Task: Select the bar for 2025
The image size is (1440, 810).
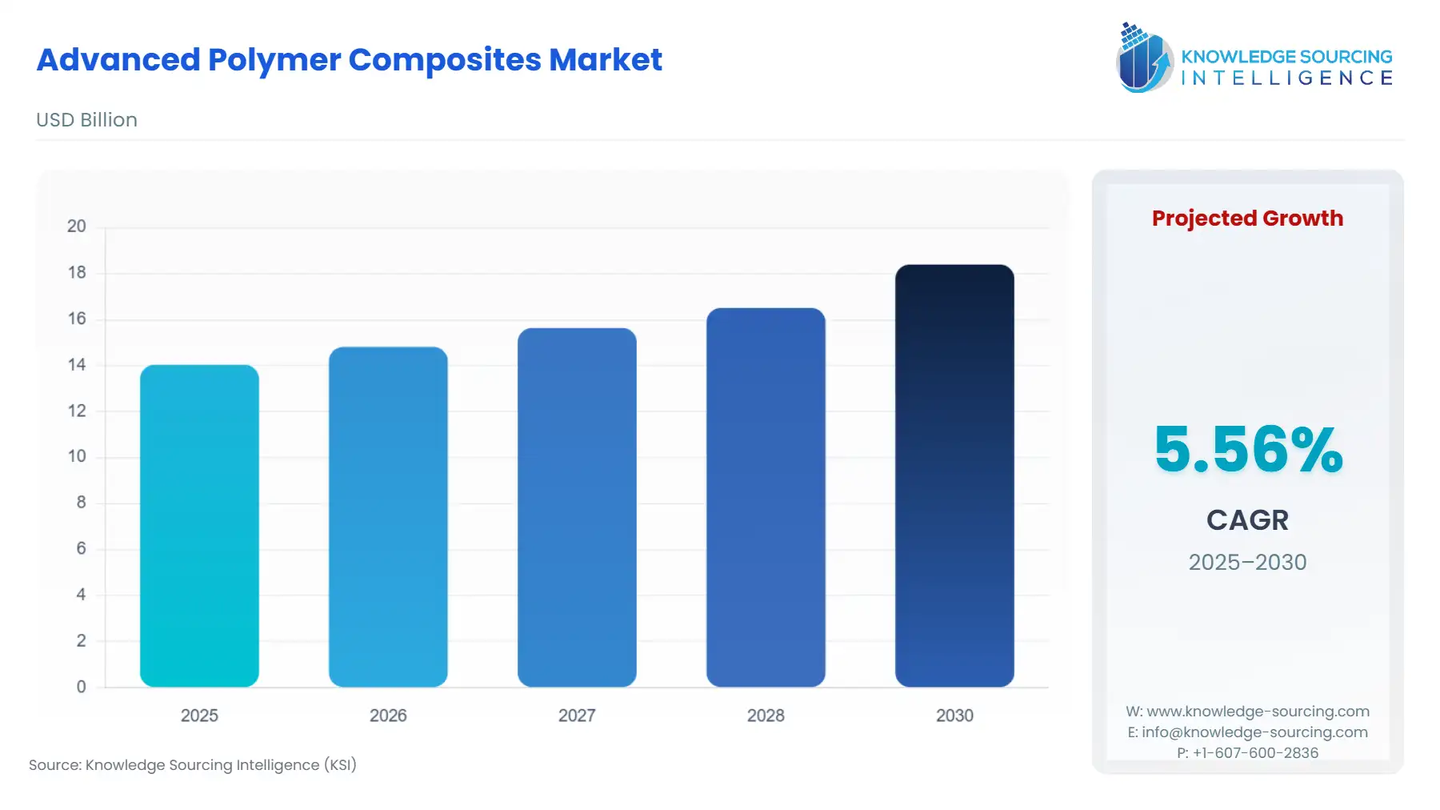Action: [199, 526]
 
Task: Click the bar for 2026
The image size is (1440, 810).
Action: [388, 517]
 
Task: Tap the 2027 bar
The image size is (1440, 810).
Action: [577, 507]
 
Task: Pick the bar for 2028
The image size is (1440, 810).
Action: [766, 497]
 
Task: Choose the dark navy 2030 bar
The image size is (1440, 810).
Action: [954, 475]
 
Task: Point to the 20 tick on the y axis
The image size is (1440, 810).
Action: [77, 227]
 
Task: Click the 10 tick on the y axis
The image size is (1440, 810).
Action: [77, 456]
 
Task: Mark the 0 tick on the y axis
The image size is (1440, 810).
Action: [81, 687]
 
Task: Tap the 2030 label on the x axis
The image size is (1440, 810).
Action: [954, 716]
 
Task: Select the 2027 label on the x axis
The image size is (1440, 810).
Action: [577, 716]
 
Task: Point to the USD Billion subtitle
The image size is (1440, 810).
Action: [86, 120]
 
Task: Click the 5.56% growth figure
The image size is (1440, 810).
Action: [1248, 449]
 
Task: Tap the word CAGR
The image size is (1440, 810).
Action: [1247, 520]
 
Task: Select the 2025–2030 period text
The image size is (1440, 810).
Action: [1247, 562]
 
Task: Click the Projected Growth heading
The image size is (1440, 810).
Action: [1247, 219]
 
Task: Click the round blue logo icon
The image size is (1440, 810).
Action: [1144, 58]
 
